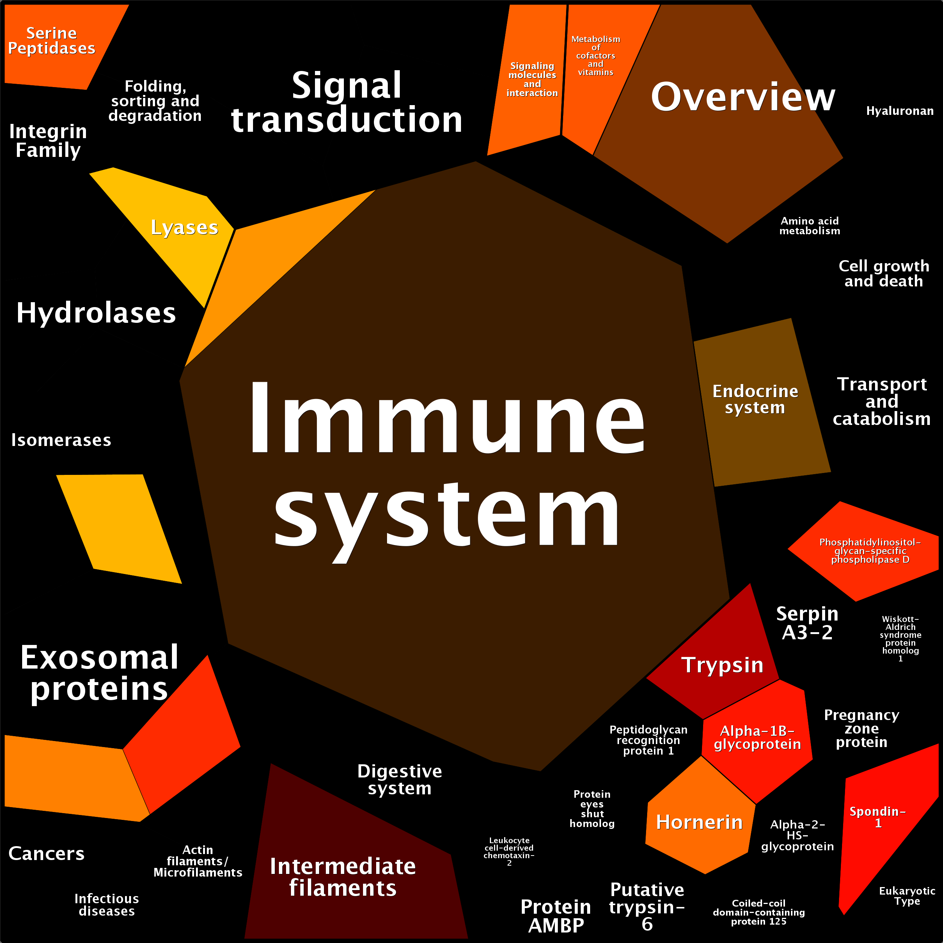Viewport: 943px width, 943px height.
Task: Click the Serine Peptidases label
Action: [x=52, y=41]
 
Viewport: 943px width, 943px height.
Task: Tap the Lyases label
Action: [x=184, y=227]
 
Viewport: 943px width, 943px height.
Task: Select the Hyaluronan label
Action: [x=899, y=111]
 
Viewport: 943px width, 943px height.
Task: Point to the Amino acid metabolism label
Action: [x=810, y=226]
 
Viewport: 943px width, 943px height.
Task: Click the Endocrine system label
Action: [x=755, y=399]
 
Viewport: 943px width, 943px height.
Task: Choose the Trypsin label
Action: [x=722, y=665]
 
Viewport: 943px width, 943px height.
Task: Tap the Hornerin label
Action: [x=699, y=822]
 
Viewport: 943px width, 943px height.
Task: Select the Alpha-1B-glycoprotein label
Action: [x=757, y=738]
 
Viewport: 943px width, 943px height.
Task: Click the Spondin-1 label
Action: [x=878, y=817]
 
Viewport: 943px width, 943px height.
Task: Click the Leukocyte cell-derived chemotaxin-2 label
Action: [x=509, y=851]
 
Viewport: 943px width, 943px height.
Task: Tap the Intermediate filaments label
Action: [x=343, y=877]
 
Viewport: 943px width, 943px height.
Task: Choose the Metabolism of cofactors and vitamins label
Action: [x=595, y=56]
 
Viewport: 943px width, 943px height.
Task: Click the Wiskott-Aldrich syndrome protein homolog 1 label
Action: [x=901, y=639]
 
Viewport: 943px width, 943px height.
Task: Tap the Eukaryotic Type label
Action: [x=907, y=896]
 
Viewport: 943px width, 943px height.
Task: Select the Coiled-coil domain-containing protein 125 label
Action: [x=759, y=912]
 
